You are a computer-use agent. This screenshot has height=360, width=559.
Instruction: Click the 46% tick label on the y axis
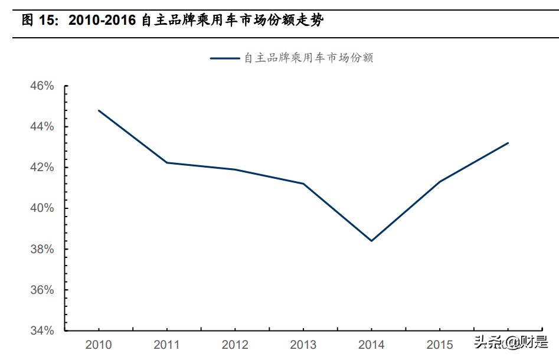[42, 86]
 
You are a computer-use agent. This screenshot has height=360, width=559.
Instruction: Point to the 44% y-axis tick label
[42, 127]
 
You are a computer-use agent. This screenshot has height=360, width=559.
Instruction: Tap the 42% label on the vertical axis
[42, 168]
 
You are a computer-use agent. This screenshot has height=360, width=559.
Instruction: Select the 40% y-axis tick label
[42, 208]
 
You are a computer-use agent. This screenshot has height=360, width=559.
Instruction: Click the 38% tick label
[42, 250]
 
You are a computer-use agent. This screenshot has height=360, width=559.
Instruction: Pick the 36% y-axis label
[42, 290]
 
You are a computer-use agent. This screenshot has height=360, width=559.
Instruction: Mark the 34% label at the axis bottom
[42, 331]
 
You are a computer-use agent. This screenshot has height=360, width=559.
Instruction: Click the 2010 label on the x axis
[99, 345]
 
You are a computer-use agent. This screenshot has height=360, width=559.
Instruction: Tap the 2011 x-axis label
[166, 345]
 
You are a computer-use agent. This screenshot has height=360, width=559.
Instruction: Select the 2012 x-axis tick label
[235, 345]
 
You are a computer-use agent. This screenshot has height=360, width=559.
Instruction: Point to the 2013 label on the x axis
[303, 345]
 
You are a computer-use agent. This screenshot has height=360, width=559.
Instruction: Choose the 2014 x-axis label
[371, 345]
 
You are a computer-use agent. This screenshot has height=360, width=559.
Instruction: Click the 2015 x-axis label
[439, 345]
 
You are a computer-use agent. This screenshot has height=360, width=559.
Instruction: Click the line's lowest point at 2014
[371, 241]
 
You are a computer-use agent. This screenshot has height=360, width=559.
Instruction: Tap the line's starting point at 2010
[99, 110]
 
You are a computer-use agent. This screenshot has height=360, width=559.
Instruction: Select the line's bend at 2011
[166, 162]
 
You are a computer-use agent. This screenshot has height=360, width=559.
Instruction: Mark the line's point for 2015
[439, 182]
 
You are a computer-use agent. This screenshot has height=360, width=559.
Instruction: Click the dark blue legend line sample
[225, 58]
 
